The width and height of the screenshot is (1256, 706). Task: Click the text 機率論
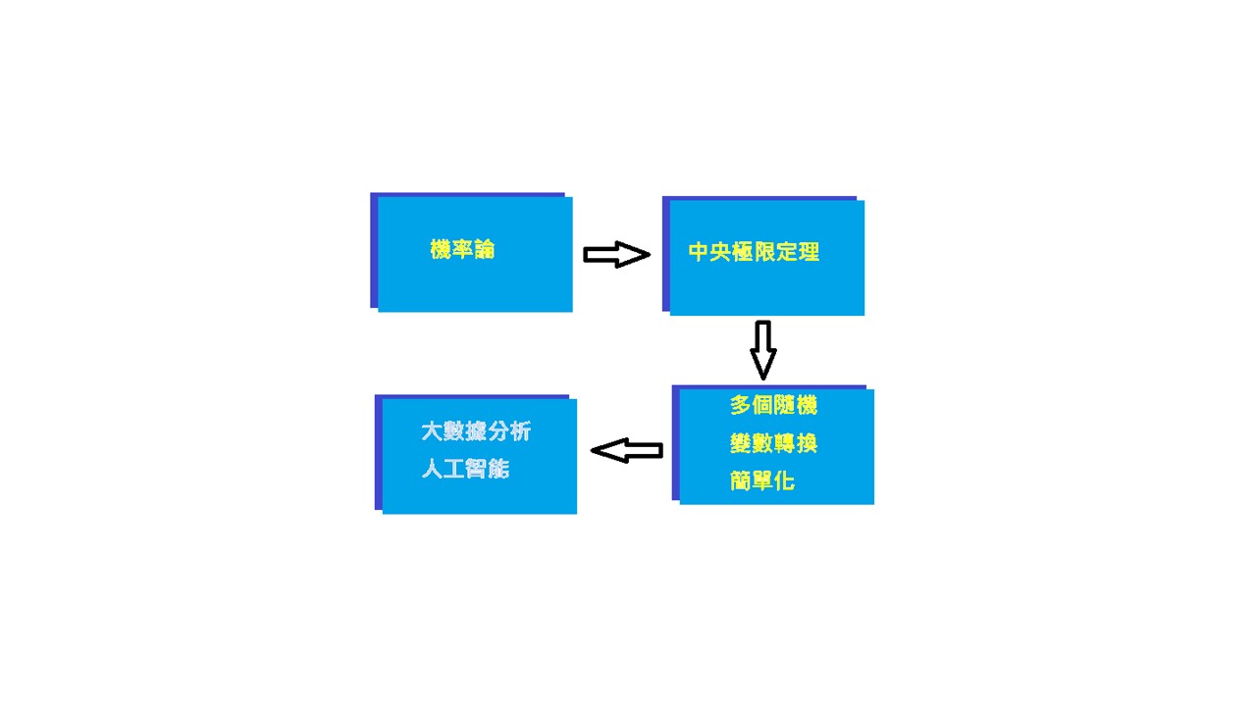pyautogui.click(x=462, y=250)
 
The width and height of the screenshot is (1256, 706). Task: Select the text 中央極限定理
pyautogui.click(x=754, y=252)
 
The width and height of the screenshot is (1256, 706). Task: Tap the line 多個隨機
pyautogui.click(x=773, y=405)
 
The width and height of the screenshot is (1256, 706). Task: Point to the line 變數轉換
pyautogui.click(x=773, y=444)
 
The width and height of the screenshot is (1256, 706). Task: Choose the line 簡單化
pyautogui.click(x=762, y=481)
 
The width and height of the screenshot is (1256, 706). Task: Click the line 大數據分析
pyautogui.click(x=476, y=431)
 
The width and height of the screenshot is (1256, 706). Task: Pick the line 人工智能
pyautogui.click(x=465, y=469)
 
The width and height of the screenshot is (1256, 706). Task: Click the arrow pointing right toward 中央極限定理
pyautogui.click(x=616, y=255)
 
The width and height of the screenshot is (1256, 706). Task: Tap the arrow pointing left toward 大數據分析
pyautogui.click(x=627, y=450)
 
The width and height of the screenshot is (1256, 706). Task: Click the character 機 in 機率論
pyautogui.click(x=441, y=250)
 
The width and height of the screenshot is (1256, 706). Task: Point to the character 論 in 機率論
pyautogui.click(x=484, y=250)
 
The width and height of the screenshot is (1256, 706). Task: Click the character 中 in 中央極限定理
pyautogui.click(x=699, y=252)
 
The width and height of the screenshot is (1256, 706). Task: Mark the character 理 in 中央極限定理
pyautogui.click(x=809, y=252)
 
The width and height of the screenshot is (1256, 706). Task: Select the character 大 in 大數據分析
pyautogui.click(x=432, y=431)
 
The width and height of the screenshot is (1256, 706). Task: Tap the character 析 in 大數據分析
pyautogui.click(x=520, y=431)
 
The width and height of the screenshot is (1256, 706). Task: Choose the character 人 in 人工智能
pyautogui.click(x=432, y=469)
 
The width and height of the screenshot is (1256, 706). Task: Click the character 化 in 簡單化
pyautogui.click(x=784, y=481)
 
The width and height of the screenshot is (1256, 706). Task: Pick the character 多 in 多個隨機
pyautogui.click(x=740, y=405)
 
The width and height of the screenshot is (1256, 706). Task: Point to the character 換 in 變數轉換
pyautogui.click(x=807, y=444)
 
